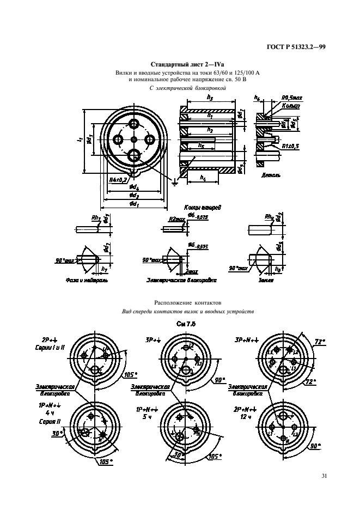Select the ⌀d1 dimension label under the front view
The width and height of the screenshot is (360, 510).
tap(133, 204)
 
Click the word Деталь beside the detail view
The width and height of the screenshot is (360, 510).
tap(271, 177)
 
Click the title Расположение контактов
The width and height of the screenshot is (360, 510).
tap(180, 301)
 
